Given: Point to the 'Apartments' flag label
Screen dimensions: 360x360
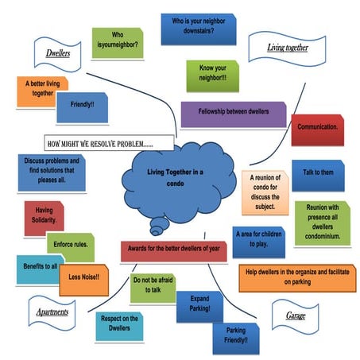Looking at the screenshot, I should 52,312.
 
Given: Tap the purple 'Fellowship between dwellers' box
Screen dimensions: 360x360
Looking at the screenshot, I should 229,114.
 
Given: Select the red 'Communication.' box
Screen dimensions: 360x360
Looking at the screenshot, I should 317,128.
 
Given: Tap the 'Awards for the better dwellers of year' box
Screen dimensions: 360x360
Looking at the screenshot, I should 173,248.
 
